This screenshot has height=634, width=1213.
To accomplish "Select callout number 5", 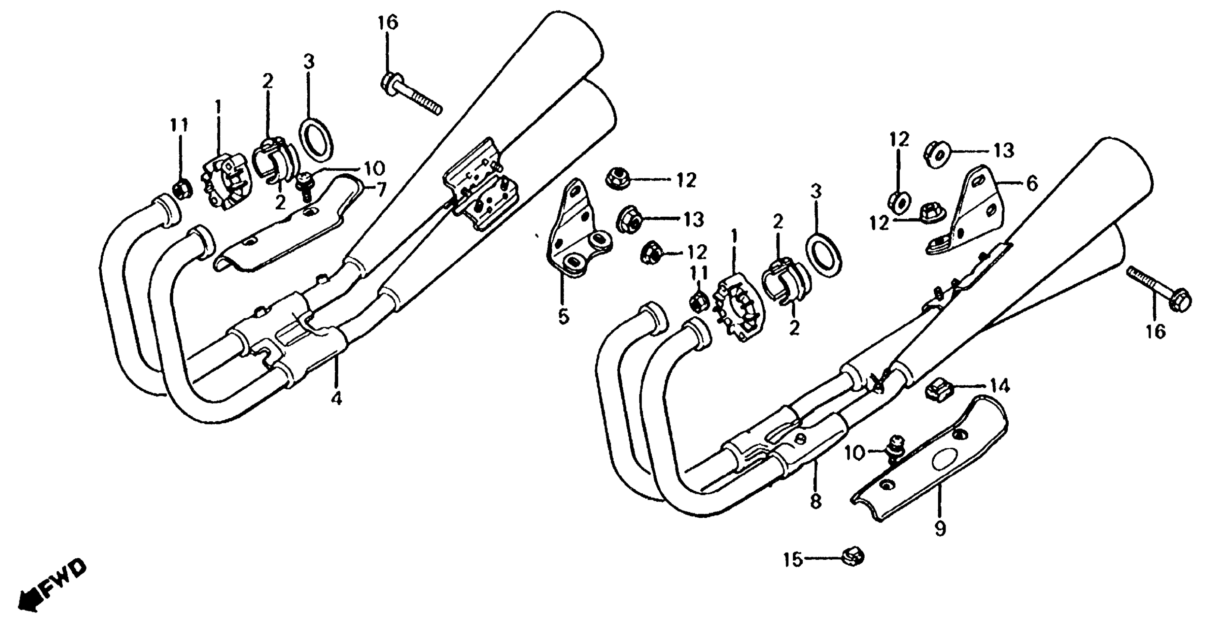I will tap(563, 316).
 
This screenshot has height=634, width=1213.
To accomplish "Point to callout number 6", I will tap(1032, 183).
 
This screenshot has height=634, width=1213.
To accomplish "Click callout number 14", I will tap(1000, 386).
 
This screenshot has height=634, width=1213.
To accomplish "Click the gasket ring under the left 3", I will tap(316, 139).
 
